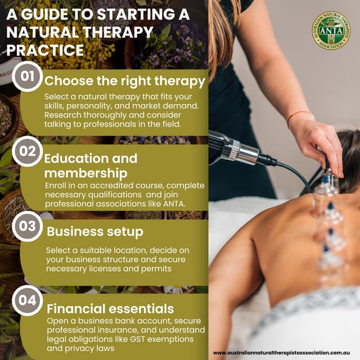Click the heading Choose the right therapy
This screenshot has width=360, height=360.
125,80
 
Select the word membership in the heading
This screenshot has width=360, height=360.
85,173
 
